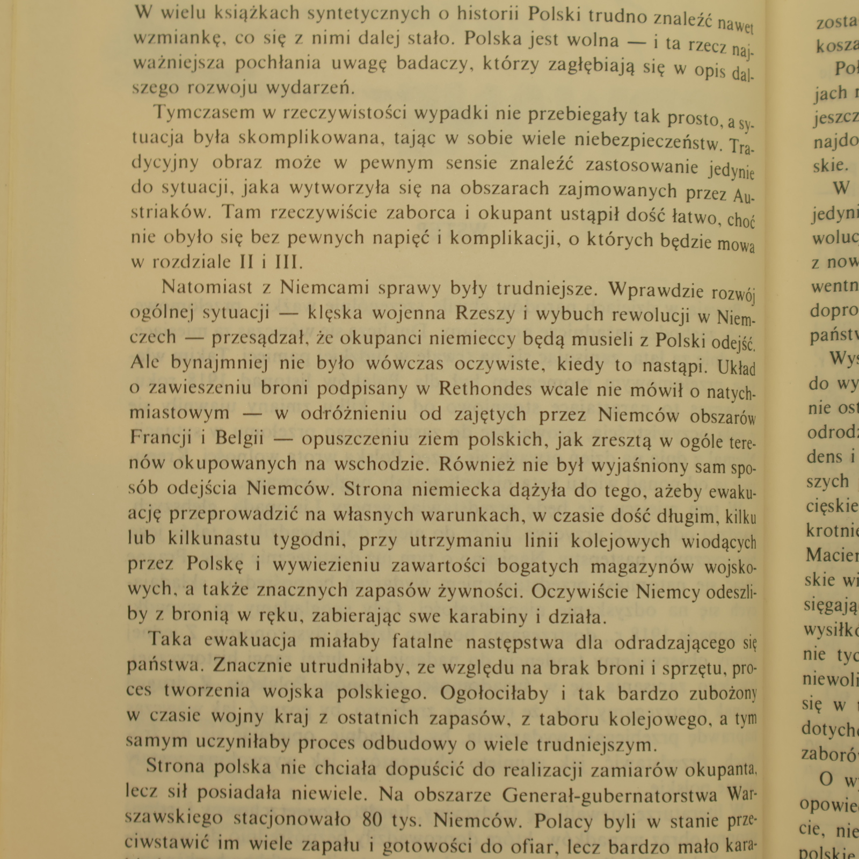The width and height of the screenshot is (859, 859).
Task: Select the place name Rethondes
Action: pos(485,388)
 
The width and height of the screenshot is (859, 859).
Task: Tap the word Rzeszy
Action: pos(485,314)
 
